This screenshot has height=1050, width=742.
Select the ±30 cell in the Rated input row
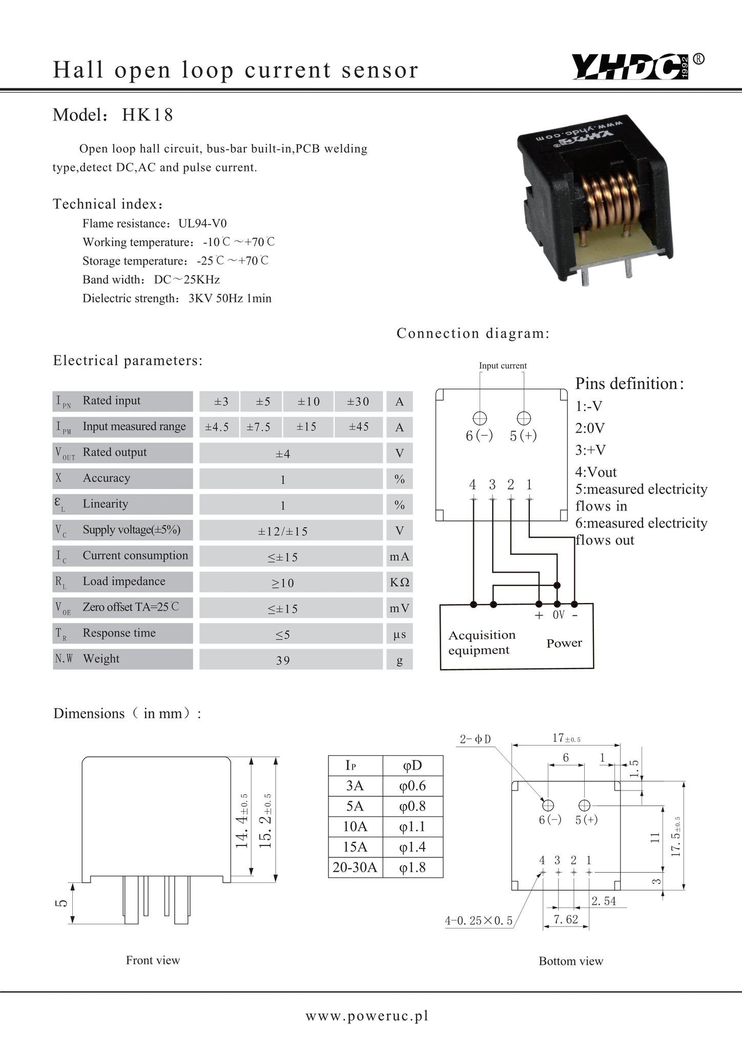point(358,401)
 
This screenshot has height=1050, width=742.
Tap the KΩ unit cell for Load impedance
point(399,582)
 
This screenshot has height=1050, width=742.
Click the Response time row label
point(119,633)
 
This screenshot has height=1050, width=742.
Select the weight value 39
point(283,660)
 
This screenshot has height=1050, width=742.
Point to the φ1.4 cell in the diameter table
point(413,847)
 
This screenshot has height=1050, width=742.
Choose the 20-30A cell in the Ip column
point(355,867)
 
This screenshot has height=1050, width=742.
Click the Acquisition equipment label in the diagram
point(482,642)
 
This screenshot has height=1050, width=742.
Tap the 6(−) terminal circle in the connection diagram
point(480,418)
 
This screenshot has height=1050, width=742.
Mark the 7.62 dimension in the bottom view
point(566,919)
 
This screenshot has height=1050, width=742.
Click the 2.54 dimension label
point(604,901)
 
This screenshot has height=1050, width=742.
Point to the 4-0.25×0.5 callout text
point(479,921)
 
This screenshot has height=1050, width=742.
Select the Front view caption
point(153,960)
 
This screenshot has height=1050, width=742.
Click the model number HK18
point(148,115)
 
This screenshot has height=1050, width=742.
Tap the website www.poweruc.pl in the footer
point(367,1016)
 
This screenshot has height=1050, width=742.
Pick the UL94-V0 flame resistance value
point(202,224)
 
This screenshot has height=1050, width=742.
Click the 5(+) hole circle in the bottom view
point(584,805)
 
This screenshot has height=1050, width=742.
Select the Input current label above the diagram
point(502,366)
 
